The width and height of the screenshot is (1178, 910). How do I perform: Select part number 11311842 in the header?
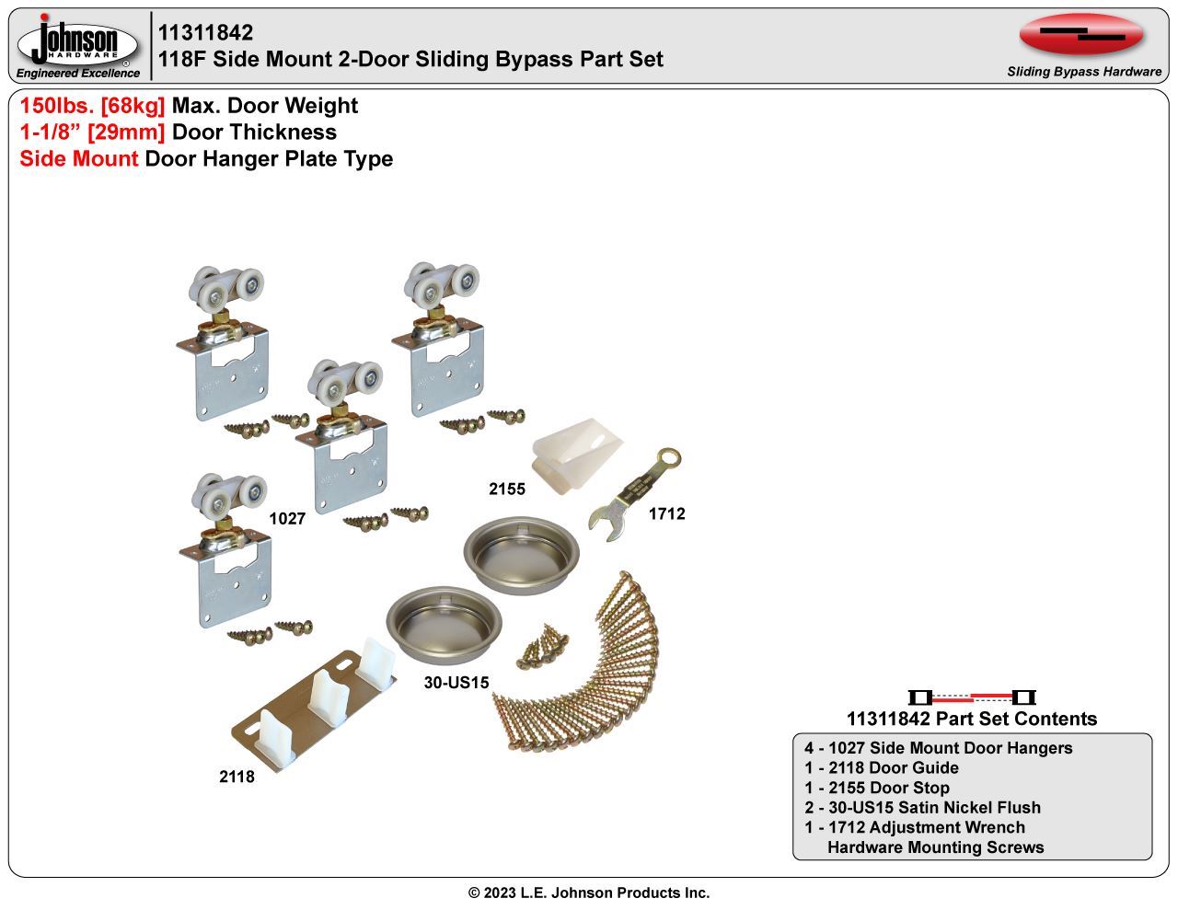pos(205,32)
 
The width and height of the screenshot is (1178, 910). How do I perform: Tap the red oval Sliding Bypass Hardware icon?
pos(1081,35)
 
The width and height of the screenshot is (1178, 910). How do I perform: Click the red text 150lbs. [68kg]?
pos(92,106)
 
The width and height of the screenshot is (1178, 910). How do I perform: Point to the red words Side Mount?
pos(79,159)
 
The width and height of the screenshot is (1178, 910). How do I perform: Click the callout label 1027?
pos(287,519)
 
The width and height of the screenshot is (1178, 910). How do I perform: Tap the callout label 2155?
pos(507,489)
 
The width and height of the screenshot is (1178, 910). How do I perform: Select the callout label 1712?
pos(667,513)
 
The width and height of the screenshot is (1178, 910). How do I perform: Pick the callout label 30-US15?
pos(456,683)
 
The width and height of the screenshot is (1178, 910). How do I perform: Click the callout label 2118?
pos(237,777)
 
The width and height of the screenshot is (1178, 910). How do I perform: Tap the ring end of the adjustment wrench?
pos(669,458)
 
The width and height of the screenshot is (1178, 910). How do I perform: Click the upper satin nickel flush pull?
pos(522,555)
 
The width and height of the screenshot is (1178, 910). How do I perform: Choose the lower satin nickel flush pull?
pos(444,625)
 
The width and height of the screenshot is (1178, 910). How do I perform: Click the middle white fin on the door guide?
pos(327,697)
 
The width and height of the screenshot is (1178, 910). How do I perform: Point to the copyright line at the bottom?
pos(589,893)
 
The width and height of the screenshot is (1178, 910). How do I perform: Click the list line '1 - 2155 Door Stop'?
pos(876,788)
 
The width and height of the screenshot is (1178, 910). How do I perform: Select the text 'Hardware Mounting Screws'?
pos(936,847)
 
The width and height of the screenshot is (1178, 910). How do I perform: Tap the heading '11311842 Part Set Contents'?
pos(972,719)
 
